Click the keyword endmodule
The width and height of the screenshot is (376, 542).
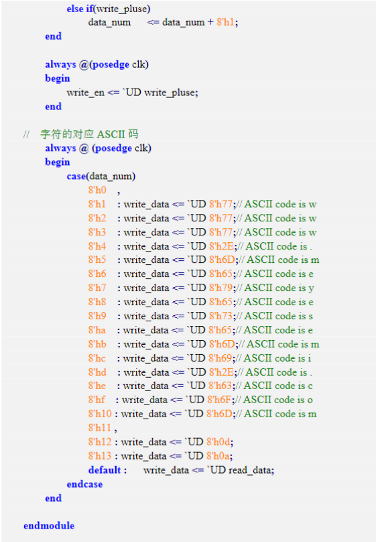pyautogui.click(x=49, y=525)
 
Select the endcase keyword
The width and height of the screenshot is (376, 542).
pyautogui.click(x=84, y=484)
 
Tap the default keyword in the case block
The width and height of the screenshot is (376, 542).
pyautogui.click(x=105, y=470)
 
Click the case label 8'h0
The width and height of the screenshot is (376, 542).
pyautogui.click(x=97, y=190)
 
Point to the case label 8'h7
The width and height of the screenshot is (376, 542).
pyautogui.click(x=97, y=288)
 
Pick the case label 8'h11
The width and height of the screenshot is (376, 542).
pyautogui.click(x=100, y=427)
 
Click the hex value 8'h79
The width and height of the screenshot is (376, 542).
pyautogui.click(x=221, y=288)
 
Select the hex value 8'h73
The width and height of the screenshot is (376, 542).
pyautogui.click(x=221, y=315)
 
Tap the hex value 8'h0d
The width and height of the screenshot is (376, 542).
pyautogui.click(x=218, y=442)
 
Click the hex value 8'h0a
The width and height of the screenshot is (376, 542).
pyautogui.click(x=218, y=456)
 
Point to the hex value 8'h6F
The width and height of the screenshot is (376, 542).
pyautogui.click(x=219, y=400)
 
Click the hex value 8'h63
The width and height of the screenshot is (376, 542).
pyautogui.click(x=221, y=386)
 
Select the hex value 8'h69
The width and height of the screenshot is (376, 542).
pyautogui.click(x=221, y=358)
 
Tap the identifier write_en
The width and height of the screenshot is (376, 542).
pyautogui.click(x=86, y=93)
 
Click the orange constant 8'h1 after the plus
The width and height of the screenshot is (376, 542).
pyautogui.click(x=225, y=22)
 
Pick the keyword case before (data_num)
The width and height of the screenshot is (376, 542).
pyautogui.click(x=76, y=176)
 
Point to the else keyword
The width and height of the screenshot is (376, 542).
pyautogui.click(x=75, y=8)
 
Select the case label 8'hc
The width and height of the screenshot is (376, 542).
pyautogui.click(x=97, y=358)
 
